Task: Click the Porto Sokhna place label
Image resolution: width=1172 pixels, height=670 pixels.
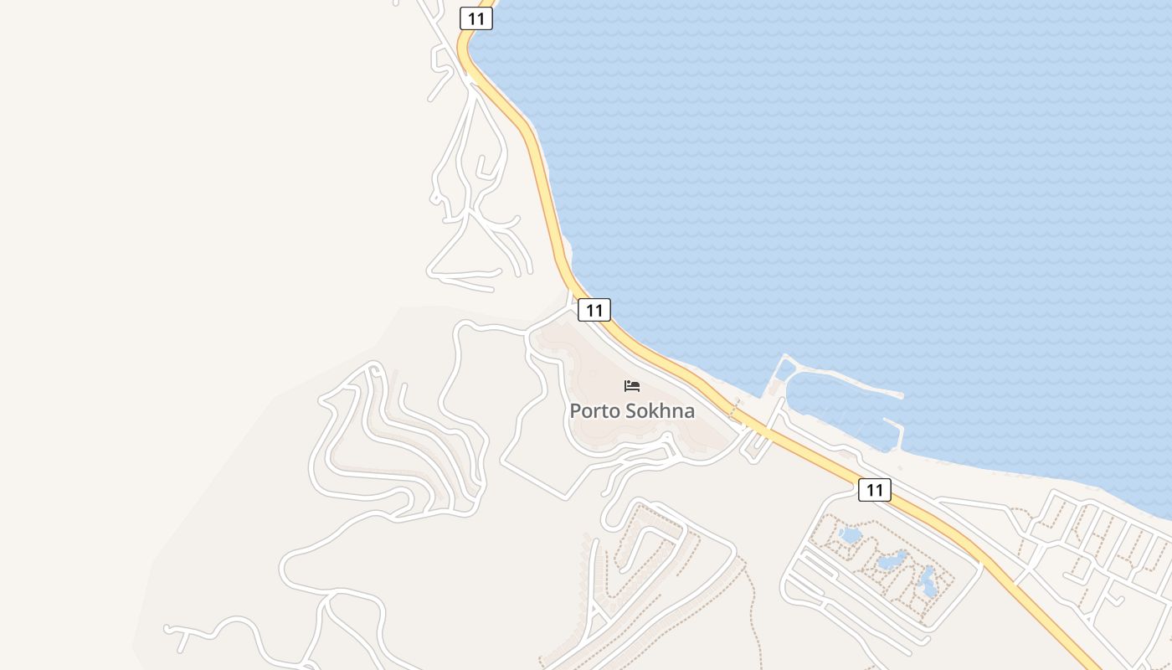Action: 632,410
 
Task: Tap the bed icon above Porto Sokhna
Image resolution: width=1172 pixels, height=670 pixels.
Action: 632,386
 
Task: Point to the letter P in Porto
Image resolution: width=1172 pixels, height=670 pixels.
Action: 575,411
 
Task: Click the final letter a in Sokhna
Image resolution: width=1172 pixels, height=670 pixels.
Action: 689,412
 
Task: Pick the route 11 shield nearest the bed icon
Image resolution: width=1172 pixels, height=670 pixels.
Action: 594,310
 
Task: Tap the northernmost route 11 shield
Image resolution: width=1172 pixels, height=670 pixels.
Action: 475,18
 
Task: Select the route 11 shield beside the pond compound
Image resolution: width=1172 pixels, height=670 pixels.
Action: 874,490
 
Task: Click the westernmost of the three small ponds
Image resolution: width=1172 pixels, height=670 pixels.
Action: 850,534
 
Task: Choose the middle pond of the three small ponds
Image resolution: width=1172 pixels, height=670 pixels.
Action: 892,559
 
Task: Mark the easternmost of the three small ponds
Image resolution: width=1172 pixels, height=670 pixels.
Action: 928,580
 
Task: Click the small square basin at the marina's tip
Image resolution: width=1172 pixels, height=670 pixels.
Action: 785,368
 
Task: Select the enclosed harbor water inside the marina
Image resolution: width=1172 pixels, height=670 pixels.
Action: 837,410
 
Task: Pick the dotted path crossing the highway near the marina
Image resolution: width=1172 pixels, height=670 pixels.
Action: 734,411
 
